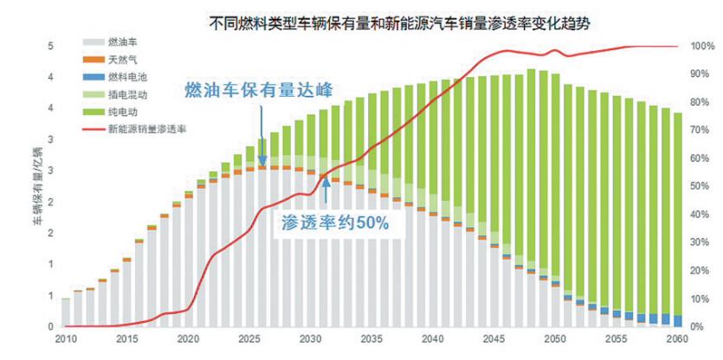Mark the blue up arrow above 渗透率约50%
(x=326, y=189)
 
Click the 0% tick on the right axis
(x=700, y=327)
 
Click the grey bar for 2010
(x=66, y=312)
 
